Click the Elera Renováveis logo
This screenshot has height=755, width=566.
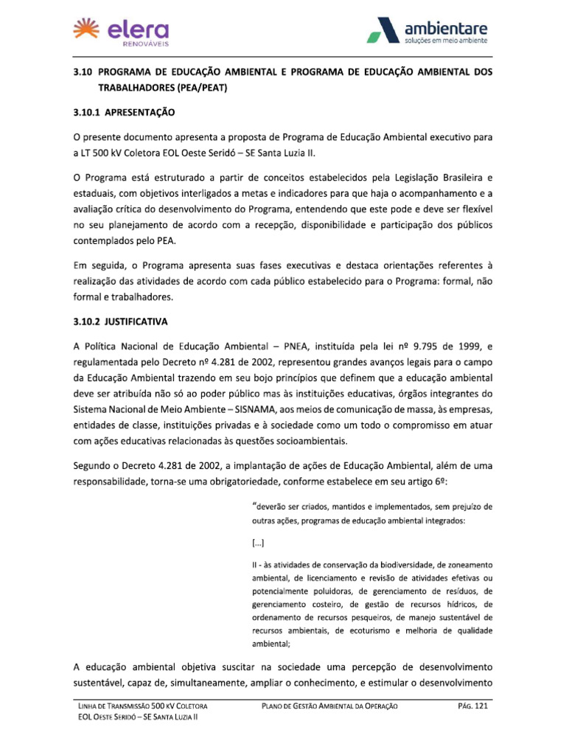(x=122, y=32)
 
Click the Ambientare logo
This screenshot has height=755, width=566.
(x=427, y=32)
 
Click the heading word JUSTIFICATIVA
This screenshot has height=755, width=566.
(x=137, y=322)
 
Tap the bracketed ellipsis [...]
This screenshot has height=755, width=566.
(x=258, y=544)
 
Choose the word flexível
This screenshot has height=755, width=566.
(x=475, y=209)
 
